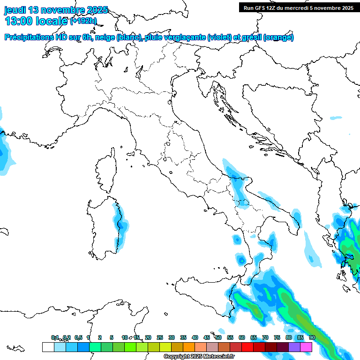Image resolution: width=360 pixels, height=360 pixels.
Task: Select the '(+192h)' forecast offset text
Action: click(x=83, y=21)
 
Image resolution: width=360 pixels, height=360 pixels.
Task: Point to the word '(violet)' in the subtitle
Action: click(x=220, y=37)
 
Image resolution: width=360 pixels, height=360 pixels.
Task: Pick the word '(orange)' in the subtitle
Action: click(x=279, y=37)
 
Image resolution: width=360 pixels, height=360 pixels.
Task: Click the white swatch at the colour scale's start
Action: click(x=48, y=347)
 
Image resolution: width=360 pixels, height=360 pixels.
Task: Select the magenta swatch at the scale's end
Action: click(x=306, y=347)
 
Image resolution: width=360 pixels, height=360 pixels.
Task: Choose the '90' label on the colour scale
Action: click(x=312, y=337)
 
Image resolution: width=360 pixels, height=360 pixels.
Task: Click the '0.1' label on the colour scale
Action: click(x=55, y=337)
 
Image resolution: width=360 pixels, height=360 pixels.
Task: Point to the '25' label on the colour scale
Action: click(x=159, y=337)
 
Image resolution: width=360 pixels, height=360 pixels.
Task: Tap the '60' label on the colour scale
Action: click(x=241, y=337)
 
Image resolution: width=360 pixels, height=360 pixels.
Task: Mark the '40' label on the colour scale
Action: click(x=195, y=337)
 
